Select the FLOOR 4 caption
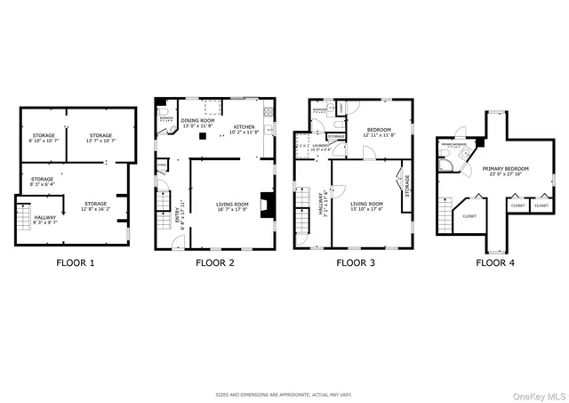(494, 262)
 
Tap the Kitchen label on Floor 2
(244, 127)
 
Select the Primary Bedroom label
(506, 168)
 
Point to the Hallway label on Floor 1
(45, 215)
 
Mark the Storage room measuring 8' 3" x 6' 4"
(43, 180)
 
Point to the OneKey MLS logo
(541, 394)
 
